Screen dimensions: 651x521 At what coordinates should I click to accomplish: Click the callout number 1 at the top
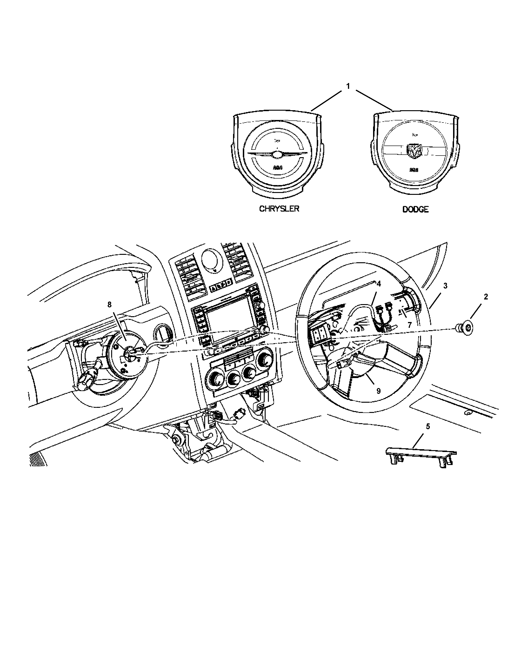348,86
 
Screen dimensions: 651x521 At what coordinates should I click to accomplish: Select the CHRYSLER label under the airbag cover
279,209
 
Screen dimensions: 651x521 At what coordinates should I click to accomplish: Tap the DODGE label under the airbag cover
415,209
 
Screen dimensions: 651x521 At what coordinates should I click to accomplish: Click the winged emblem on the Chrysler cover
276,154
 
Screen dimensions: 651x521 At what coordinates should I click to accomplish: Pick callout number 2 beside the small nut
485,297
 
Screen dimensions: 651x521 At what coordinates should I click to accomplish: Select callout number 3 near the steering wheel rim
445,286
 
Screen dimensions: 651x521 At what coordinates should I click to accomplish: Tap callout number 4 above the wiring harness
378,283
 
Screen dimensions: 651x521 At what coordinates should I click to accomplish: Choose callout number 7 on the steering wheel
409,325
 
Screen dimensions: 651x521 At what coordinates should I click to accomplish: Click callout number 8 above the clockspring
109,305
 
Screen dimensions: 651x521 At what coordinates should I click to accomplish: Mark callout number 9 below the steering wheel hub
378,391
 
